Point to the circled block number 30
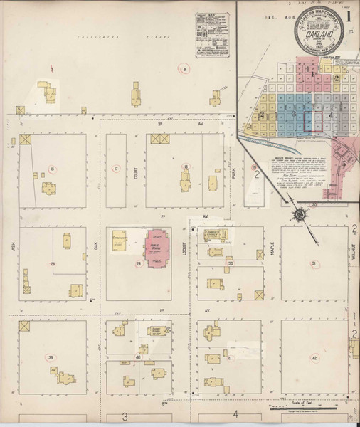point(230,263)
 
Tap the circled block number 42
point(314,359)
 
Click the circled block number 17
point(115,169)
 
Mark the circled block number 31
point(314,264)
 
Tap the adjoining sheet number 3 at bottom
point(125,415)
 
